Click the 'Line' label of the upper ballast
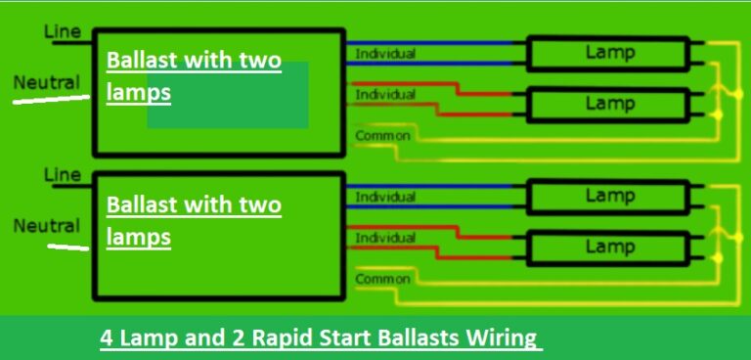[x=62, y=32]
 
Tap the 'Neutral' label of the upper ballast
[x=46, y=82]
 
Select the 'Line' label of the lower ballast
[x=62, y=175]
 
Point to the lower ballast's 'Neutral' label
[x=46, y=226]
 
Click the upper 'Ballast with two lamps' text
[x=193, y=77]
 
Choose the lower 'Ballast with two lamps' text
[x=193, y=221]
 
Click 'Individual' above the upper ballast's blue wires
[x=385, y=53]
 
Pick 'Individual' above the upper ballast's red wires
[x=385, y=95]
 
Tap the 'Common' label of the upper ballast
[x=382, y=136]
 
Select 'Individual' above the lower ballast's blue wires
[x=385, y=197]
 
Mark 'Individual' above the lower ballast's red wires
[x=385, y=238]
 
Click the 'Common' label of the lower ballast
[x=382, y=280]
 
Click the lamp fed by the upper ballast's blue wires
[x=609, y=53]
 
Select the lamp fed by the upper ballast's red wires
[x=609, y=103]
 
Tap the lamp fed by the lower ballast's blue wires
[x=609, y=197]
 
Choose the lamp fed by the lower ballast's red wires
[x=609, y=247]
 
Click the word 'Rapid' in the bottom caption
[x=281, y=338]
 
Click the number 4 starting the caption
[x=106, y=338]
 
